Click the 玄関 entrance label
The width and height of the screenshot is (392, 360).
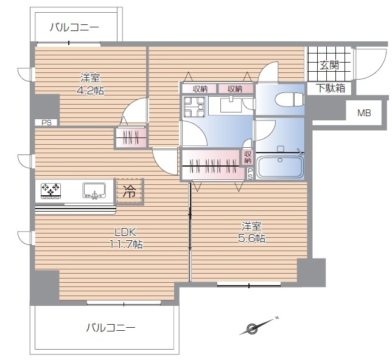329,66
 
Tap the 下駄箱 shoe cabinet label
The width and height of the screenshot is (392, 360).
331,88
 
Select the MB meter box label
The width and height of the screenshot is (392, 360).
364,113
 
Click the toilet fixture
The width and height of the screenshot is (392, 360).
290,99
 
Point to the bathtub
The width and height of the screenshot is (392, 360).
280,167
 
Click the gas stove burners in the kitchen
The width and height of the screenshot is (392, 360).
51,191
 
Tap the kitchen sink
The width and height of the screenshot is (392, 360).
94,191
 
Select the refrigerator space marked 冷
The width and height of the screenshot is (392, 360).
129,192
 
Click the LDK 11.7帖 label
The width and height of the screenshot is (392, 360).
126,238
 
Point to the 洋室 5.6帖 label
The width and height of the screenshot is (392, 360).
252,232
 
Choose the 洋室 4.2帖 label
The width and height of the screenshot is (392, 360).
90,84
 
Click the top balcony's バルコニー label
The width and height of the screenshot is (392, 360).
74,27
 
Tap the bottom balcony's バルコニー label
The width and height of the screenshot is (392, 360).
111,327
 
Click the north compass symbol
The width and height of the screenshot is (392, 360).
259,325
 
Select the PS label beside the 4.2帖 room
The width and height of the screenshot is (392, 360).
46,123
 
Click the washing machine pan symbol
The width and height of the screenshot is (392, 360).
194,106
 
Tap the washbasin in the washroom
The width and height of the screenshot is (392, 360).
231,105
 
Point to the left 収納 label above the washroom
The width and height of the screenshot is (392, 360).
200,89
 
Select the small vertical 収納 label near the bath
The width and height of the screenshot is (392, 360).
248,157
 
